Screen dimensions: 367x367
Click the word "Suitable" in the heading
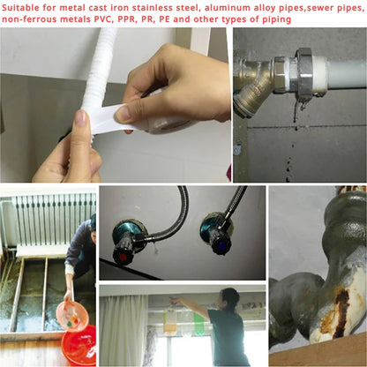[x=20, y=8]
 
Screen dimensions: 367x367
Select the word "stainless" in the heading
[x=158, y=8]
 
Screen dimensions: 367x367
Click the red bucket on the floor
[x=79, y=345]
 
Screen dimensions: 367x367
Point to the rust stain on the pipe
[x=341, y=311]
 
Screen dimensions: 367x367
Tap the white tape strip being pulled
[x=112, y=118]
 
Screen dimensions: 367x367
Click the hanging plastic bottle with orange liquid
[x=170, y=320]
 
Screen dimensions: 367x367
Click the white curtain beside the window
[x=124, y=331]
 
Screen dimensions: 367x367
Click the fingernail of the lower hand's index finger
[x=80, y=118]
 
